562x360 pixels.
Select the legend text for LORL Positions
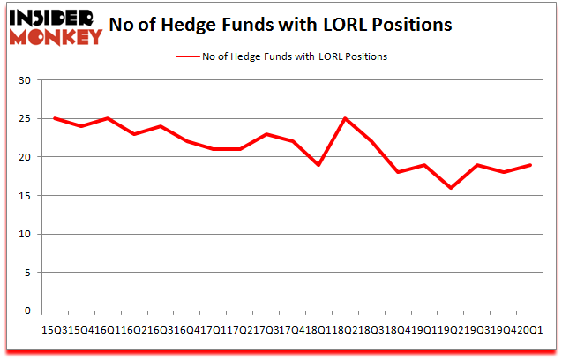[x=296, y=56]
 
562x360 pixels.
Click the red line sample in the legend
[x=188, y=56]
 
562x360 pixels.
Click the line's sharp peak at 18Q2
[x=345, y=118]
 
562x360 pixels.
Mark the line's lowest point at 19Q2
[x=450, y=188]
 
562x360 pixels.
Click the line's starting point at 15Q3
[x=56, y=118]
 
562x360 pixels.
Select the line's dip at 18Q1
[x=318, y=165]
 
